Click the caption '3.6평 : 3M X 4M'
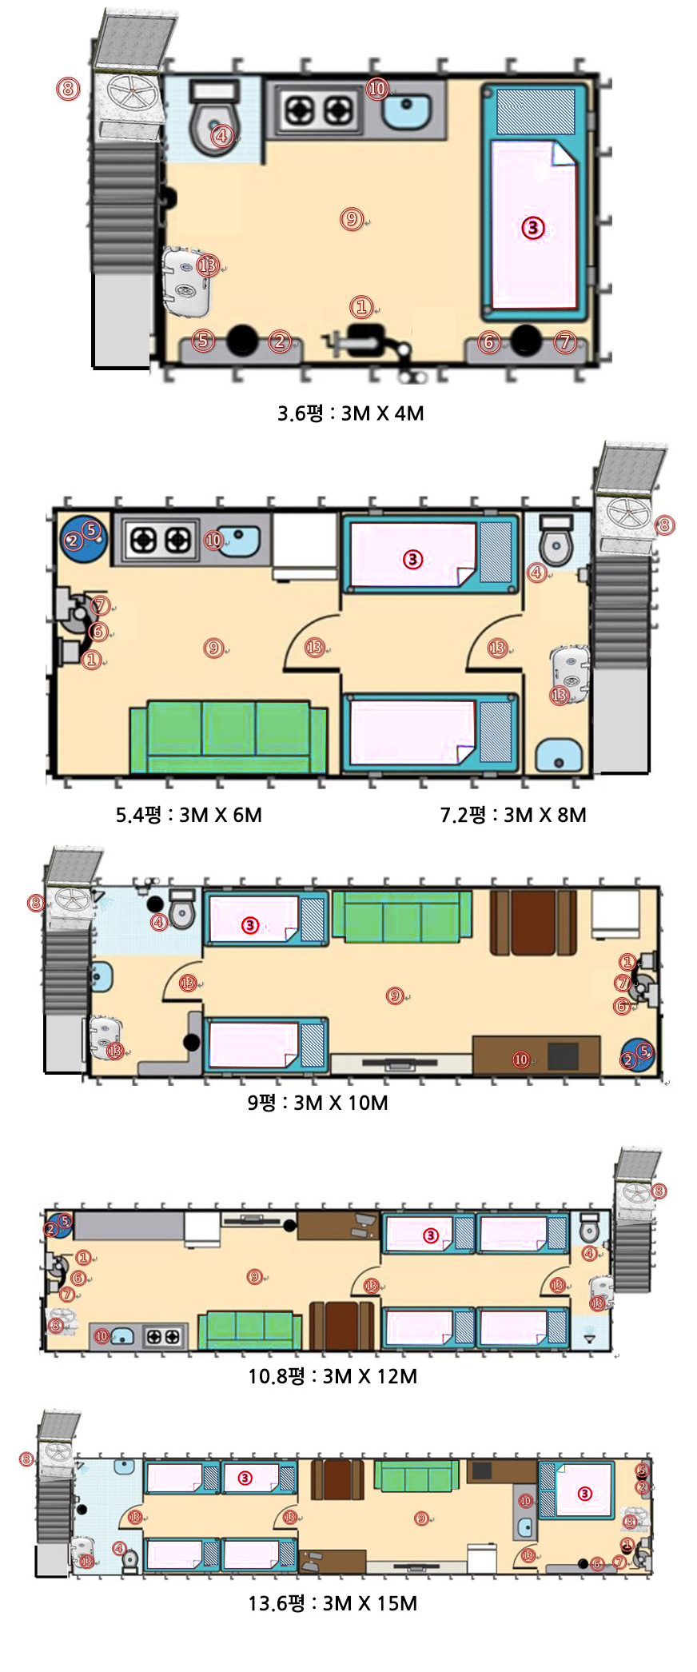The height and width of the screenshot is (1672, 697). pos(350,413)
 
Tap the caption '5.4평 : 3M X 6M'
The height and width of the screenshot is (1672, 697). pos(189,815)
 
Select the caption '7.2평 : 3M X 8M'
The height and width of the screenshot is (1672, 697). pos(513,815)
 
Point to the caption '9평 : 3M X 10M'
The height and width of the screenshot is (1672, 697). pos(317,1103)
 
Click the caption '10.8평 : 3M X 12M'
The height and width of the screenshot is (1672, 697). pos(333,1376)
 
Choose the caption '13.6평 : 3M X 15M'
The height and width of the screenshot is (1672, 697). pos(333,1603)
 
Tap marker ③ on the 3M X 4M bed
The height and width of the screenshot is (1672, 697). pos(533,228)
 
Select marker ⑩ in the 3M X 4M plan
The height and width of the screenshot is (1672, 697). pos(377,89)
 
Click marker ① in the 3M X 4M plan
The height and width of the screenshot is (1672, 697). pos(361,306)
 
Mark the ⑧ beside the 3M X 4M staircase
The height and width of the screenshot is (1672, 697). pos(68,87)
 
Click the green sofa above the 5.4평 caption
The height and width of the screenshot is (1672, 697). pos(229,737)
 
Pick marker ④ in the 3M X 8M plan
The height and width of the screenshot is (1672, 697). pos(537,573)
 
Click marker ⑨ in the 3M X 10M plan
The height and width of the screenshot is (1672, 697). pos(395,996)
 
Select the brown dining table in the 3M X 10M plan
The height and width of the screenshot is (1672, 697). pos(533,922)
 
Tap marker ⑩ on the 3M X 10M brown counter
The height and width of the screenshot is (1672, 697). pos(521,1059)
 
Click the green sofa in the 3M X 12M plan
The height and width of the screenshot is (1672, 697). pos(250,1330)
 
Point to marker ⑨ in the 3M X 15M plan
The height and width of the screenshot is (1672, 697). pos(421,1518)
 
